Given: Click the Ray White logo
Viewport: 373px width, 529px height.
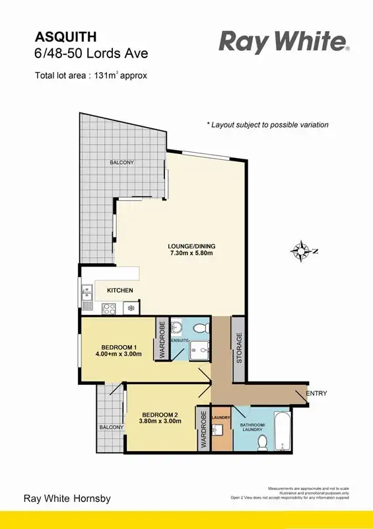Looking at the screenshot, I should tap(284, 43).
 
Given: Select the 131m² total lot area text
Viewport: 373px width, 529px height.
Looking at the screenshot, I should tap(91, 75).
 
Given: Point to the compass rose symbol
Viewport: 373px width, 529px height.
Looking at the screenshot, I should tap(302, 251).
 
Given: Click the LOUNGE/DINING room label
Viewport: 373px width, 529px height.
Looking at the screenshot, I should tap(191, 251).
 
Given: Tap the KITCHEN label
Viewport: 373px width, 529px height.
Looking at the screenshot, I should tap(119, 290).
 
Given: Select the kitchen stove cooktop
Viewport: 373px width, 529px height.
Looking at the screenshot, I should tap(109, 308).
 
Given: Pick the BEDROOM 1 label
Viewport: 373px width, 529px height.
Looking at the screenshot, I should tap(119, 350).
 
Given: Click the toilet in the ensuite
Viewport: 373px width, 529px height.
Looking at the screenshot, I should tap(201, 327).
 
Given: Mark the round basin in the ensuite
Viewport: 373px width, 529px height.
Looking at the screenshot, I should tap(176, 328).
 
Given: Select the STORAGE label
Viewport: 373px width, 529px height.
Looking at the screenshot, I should tap(239, 348).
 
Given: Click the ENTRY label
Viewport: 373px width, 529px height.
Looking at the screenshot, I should tap(316, 393).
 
